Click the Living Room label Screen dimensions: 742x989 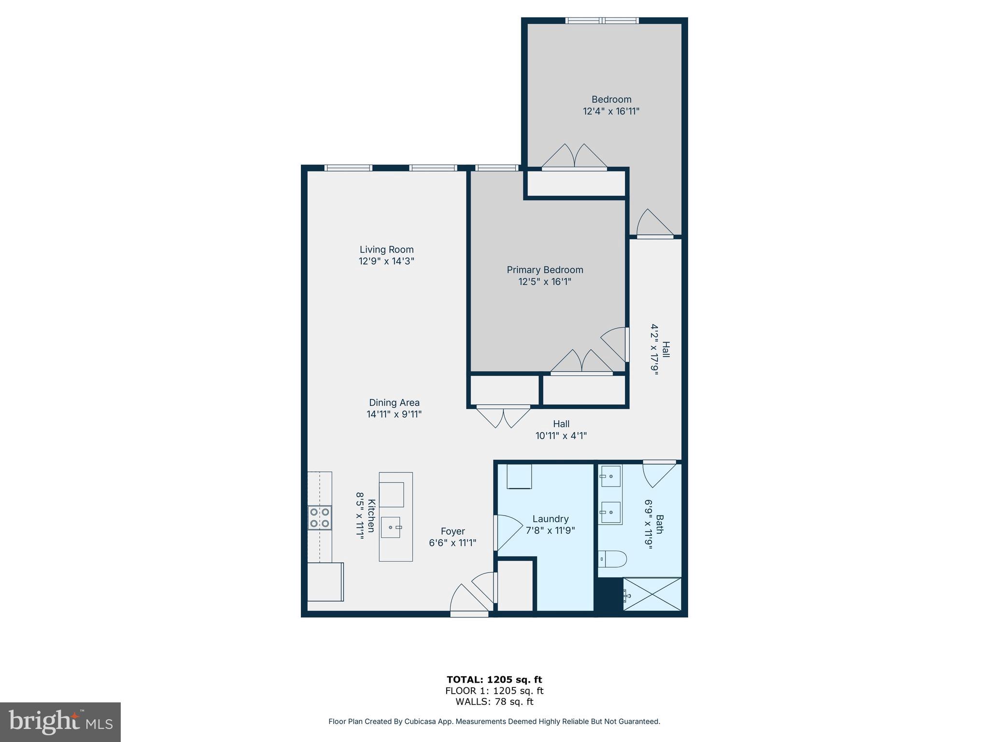pos(386,250)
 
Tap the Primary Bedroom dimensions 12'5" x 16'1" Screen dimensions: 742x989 pos(545,282)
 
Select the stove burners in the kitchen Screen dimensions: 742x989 pos(320,517)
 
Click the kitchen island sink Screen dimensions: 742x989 pos(391,527)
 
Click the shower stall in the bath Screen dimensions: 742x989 pos(652,595)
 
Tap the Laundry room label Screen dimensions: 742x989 pos(550,519)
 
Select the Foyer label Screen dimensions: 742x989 pos(452,531)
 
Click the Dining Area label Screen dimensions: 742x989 pos(394,402)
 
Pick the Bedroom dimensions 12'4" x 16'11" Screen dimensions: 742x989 pos(611,111)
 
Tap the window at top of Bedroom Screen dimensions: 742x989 pos(602,21)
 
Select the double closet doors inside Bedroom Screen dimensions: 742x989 pos(574,157)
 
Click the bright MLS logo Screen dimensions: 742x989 pos(60,722)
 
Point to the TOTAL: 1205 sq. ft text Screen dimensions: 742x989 pos(494,680)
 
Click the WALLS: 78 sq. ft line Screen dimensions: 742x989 pos(494,702)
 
